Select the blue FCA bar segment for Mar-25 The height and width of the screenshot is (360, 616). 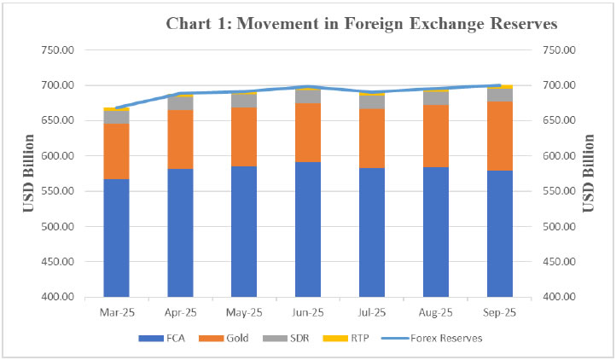point(116,237)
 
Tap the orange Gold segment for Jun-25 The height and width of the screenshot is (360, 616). point(308,132)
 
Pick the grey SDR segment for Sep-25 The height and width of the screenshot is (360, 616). point(500,95)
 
